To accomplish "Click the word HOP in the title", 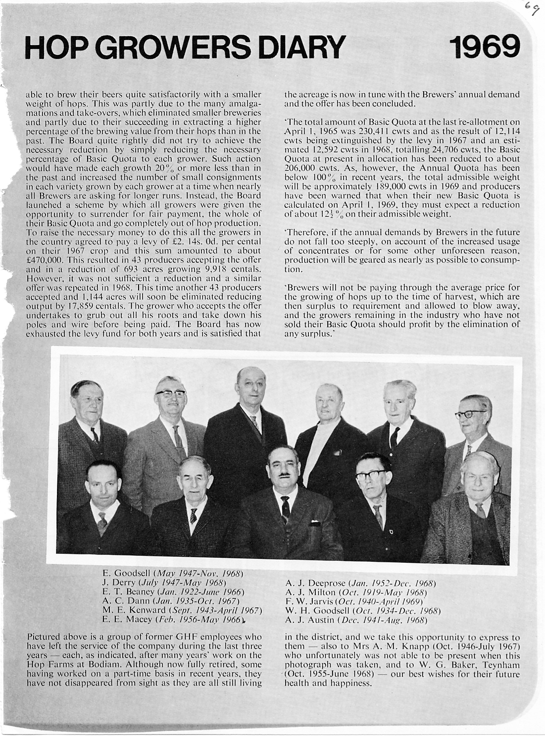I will click(x=52, y=48).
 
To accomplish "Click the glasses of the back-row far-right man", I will click(x=470, y=414).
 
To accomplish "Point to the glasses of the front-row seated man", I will click(x=370, y=475).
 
